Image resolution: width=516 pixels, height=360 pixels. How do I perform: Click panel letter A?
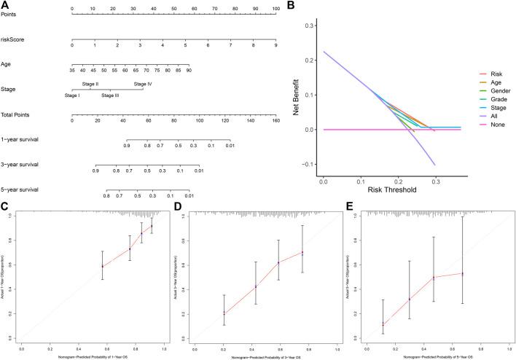[x=6, y=6]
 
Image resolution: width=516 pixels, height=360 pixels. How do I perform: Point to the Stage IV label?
[x=143, y=85]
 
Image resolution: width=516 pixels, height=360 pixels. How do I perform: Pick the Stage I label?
[x=73, y=95]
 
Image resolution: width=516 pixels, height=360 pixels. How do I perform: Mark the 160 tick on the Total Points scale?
[x=275, y=120]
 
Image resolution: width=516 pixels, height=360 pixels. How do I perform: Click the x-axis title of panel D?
[x=260, y=354]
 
